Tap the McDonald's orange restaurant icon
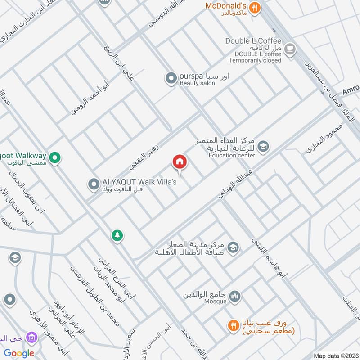[x=255, y=8]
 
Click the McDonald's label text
[x=225, y=6]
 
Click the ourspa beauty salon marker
[x=171, y=79]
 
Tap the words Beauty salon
[x=197, y=83]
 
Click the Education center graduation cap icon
[x=264, y=146]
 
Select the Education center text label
[x=232, y=155]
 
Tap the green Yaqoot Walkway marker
[x=55, y=157]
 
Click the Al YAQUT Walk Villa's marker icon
[x=94, y=184]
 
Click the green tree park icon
[x=117, y=235]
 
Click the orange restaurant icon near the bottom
[x=233, y=325]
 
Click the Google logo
[x=19, y=353]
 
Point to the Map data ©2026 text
[x=336, y=356]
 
